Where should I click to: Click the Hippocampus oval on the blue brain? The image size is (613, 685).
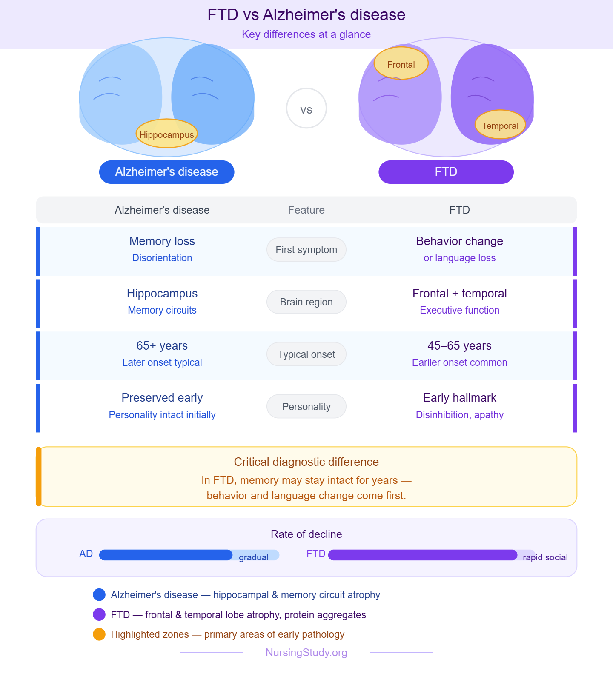(166, 134)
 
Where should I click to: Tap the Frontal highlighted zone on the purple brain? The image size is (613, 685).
(401, 64)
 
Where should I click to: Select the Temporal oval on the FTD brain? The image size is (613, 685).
(500, 125)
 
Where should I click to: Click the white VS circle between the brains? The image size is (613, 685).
(306, 108)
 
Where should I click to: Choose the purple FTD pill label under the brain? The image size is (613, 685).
(446, 172)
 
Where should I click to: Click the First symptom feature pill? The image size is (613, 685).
(306, 250)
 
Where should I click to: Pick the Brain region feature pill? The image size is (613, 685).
(306, 302)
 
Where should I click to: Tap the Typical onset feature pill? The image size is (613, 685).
(306, 354)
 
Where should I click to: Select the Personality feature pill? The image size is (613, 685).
(306, 407)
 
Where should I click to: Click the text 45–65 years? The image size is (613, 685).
(459, 345)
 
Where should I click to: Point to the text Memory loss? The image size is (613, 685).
(162, 241)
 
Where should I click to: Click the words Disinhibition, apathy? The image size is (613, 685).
(459, 415)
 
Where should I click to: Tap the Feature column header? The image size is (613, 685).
(306, 210)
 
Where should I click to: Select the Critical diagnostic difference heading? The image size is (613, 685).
(306, 462)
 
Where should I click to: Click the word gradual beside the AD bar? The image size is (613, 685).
(253, 557)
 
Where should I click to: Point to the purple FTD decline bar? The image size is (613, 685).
(422, 555)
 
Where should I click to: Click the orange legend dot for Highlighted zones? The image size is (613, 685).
(99, 634)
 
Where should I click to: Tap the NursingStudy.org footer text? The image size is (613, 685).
(306, 653)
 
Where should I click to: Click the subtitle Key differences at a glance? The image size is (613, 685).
(306, 34)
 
